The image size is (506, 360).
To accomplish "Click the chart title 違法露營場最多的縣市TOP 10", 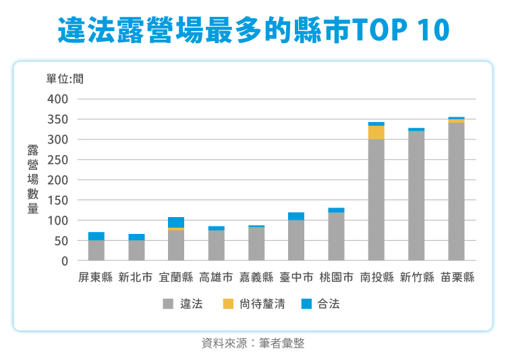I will pos(252,30).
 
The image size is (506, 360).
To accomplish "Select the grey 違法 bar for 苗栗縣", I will pos(456,191).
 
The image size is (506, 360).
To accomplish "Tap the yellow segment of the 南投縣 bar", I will pos(376,132).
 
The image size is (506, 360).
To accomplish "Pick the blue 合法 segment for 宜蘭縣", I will pos(176,222).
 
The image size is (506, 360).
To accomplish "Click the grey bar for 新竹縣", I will pos(416,196).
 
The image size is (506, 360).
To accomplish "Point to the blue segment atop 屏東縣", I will pos(96,236).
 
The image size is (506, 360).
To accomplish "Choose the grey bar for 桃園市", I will pos(336,237).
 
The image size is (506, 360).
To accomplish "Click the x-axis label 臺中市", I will pos(296,277).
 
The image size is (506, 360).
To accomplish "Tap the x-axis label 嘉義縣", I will pos(256,277).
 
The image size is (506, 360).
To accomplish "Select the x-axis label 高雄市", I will pos(216,277).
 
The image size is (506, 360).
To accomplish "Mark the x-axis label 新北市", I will pos(136,277).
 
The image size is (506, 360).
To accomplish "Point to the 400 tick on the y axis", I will pos(59,99).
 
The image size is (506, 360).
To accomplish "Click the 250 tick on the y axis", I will pos(59,160).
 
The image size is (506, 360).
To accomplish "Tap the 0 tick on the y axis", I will pos(65,261).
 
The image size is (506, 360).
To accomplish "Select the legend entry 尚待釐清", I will pos(262,304).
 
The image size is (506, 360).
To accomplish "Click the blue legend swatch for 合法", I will pos(307,304).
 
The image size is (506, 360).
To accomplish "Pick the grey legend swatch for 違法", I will pos(168,304).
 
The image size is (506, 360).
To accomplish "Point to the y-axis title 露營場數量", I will pos(32,179).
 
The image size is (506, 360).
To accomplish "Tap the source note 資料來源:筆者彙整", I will pos(253,343).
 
